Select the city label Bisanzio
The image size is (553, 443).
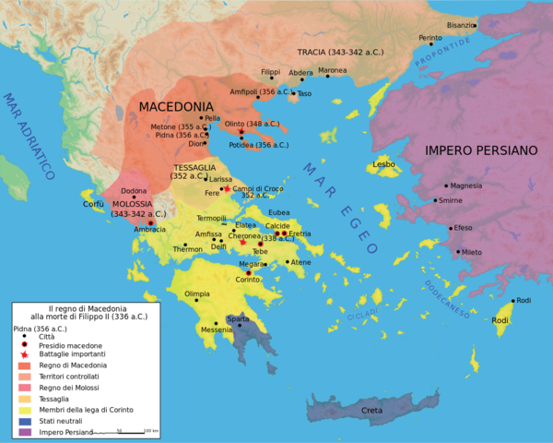(461, 25)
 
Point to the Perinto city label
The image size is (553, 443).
(430, 38)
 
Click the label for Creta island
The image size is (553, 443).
(371, 411)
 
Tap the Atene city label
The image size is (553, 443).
(300, 263)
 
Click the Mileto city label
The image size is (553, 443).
(472, 252)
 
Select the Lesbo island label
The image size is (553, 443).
(383, 164)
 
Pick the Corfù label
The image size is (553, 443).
(94, 204)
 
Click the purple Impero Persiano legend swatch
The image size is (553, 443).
(24, 431)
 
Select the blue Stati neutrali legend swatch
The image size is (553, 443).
(24, 420)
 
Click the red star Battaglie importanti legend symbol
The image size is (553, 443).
(24, 354)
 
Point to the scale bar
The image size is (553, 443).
(120, 432)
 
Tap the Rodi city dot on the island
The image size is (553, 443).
(512, 301)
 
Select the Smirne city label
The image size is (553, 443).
(451, 200)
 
